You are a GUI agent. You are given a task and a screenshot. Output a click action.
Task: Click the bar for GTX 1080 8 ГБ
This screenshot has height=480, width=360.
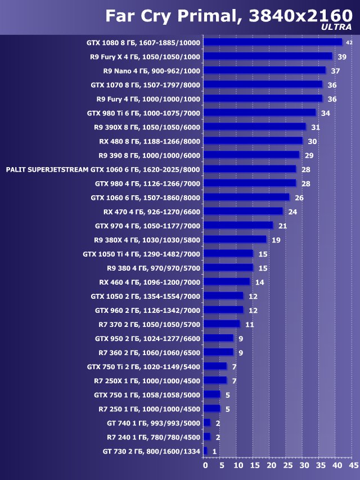(x=273, y=42)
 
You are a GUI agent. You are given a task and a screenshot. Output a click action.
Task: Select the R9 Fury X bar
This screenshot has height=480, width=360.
(x=268, y=56)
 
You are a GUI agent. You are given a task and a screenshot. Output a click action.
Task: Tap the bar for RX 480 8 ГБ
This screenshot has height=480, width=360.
(x=253, y=141)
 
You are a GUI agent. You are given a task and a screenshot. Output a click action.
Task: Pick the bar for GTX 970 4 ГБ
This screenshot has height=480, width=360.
(x=238, y=225)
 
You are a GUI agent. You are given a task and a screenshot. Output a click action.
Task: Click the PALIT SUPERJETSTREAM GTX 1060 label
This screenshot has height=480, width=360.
(x=103, y=169)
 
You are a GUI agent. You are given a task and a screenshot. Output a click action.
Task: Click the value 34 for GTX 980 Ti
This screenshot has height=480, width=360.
(x=325, y=113)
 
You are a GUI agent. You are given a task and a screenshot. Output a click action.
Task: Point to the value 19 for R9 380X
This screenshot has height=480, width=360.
(x=276, y=240)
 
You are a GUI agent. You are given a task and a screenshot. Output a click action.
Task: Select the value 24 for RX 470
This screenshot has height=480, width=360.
(x=292, y=212)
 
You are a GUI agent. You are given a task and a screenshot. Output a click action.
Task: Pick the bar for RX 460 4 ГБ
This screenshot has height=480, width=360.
(x=227, y=281)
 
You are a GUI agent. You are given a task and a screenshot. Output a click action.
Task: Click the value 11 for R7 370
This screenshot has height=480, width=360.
(x=250, y=324)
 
